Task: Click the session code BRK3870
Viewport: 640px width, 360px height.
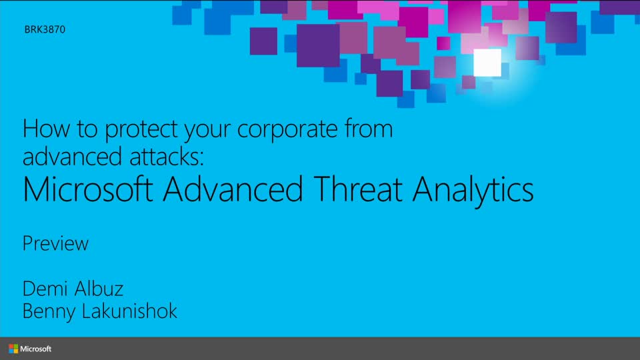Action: pyautogui.click(x=44, y=29)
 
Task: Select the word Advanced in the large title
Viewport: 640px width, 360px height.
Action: pyautogui.click(x=233, y=189)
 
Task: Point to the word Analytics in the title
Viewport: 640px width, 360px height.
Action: pyautogui.click(x=473, y=191)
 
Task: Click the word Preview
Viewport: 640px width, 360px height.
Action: pyautogui.click(x=55, y=244)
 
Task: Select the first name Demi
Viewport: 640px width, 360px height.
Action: pyautogui.click(x=48, y=289)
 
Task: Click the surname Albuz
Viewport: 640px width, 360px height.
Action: pyautogui.click(x=101, y=289)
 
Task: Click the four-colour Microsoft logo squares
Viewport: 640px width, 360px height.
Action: pyautogui.click(x=13, y=349)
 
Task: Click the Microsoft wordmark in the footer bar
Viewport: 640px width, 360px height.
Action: pyautogui.click(x=36, y=349)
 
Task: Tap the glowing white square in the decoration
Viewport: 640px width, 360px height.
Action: pyautogui.click(x=487, y=63)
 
